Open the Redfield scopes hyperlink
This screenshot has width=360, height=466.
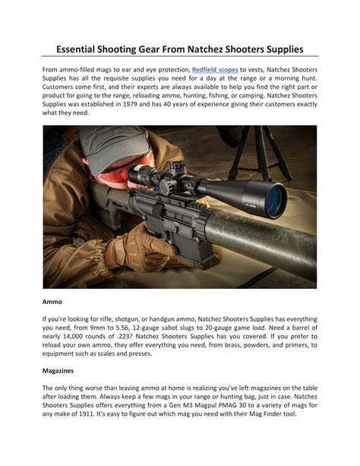(215, 70)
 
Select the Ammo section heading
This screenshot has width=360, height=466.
(52, 301)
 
